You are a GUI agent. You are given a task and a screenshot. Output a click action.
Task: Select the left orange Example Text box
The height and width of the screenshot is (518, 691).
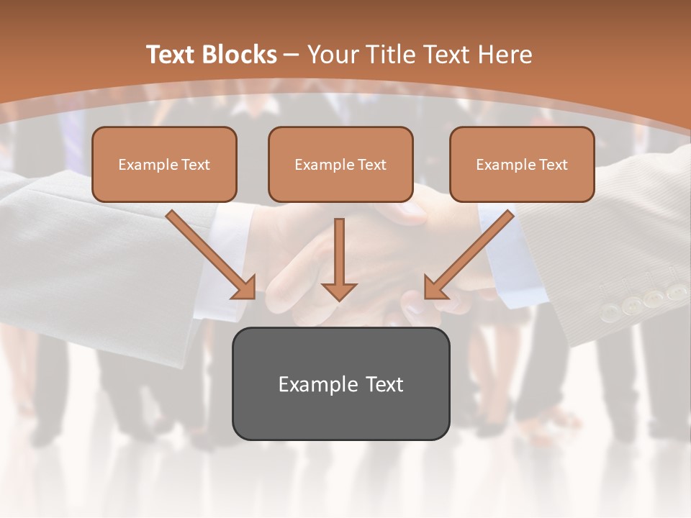click(164, 164)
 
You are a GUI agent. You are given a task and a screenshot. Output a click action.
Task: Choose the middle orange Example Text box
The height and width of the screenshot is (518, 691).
click(340, 164)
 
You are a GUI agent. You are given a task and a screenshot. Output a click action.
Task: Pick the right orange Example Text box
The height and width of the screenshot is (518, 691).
click(522, 164)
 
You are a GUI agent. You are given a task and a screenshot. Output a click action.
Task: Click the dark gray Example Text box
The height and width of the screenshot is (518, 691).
click(340, 383)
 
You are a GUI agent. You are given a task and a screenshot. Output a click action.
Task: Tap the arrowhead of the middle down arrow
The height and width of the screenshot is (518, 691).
click(339, 291)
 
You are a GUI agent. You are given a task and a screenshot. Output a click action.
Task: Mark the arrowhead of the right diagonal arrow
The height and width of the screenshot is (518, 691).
click(434, 288)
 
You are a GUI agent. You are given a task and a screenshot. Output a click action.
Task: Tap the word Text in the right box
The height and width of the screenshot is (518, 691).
click(553, 165)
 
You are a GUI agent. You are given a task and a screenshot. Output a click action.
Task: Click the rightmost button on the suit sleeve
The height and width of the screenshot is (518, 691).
click(677, 292)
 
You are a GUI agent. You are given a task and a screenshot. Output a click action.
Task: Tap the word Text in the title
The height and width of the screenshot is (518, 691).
click(171, 55)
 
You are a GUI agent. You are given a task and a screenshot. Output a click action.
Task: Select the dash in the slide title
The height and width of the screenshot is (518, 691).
click(292, 55)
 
